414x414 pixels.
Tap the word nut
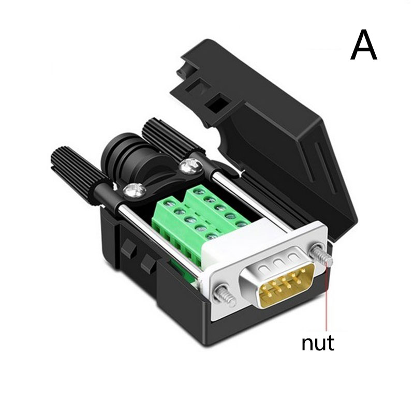click(x=318, y=343)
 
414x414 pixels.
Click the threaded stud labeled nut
click(x=321, y=256)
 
